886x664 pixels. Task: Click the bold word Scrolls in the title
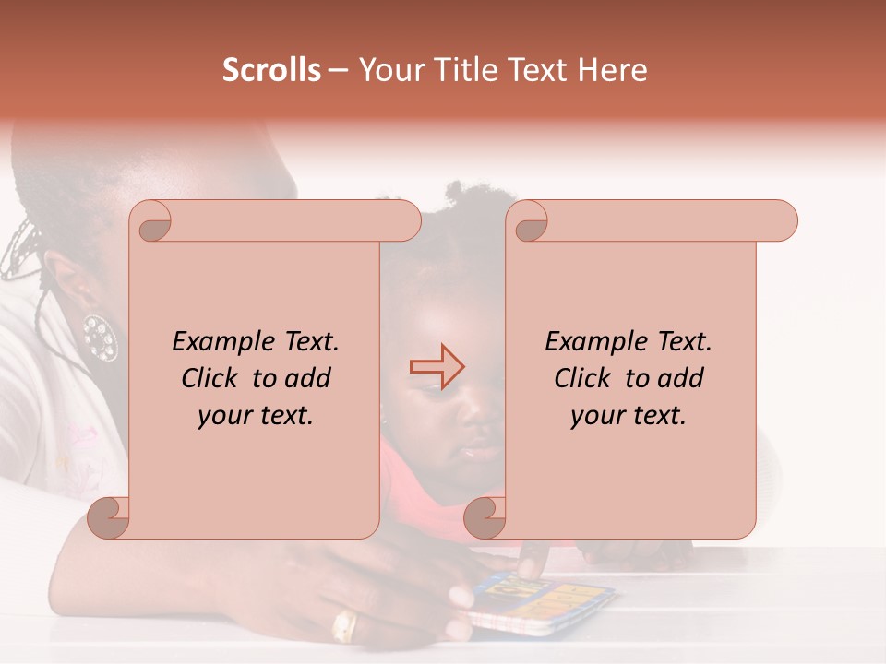click(271, 70)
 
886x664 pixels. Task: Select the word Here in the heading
click(613, 70)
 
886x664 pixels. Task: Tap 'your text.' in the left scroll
click(256, 416)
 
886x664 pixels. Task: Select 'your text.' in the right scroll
click(629, 416)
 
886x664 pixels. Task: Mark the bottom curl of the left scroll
click(109, 516)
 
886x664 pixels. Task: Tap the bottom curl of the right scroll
click(485, 516)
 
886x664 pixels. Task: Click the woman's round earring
click(99, 337)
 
